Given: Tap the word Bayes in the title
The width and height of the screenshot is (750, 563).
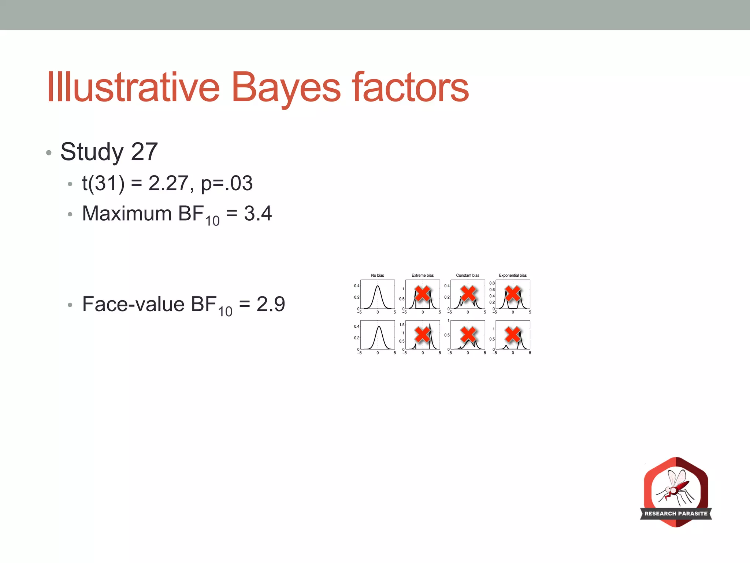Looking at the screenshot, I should point(286,88).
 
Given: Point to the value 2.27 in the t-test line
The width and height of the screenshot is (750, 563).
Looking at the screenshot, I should point(168,183).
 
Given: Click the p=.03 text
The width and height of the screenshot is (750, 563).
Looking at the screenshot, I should point(227,183).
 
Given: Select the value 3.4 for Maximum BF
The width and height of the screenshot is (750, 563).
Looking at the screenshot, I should point(258,213).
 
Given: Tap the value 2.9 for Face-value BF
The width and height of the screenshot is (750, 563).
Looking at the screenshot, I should point(271,304).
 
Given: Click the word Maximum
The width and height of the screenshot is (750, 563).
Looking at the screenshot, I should point(127,213).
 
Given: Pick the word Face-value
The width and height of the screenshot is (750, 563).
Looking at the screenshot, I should point(133,304).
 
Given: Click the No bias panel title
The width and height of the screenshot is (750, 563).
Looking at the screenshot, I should point(378,275).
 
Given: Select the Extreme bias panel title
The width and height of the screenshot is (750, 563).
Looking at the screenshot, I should point(423,275).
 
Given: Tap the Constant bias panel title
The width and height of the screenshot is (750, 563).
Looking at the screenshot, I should point(468,275).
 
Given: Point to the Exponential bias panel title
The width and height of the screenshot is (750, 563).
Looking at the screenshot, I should point(513,275).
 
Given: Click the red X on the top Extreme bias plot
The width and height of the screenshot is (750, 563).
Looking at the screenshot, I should point(423,294).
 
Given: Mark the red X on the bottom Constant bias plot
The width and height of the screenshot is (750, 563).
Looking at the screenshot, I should point(468,334).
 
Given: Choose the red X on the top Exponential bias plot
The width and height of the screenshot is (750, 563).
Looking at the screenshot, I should point(513,294).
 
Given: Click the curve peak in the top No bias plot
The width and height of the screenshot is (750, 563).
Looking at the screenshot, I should point(378,286).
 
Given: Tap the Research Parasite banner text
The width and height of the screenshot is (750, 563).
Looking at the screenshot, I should point(676,514).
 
